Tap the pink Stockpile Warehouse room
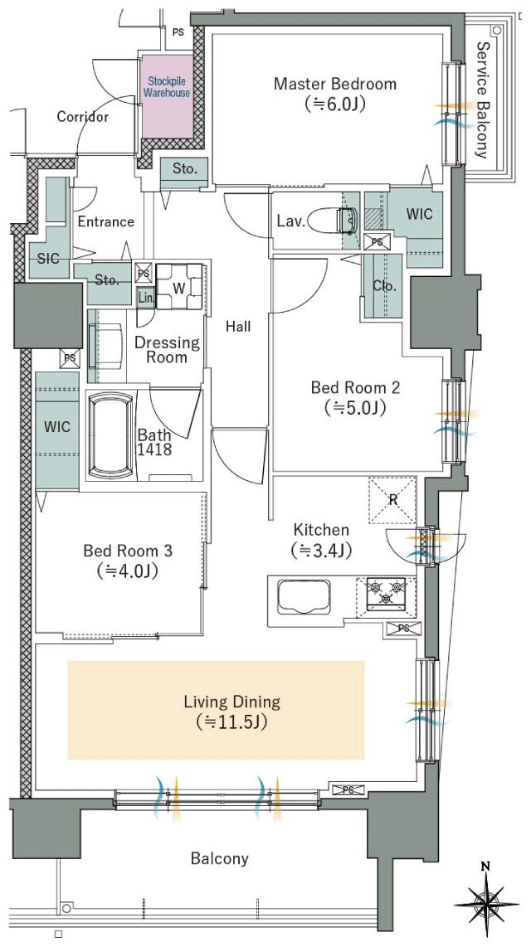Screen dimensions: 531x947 pos(168,97)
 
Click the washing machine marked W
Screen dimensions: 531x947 pos(179,287)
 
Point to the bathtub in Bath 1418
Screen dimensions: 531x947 pos(110,435)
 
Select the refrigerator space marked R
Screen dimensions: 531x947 pos(392,500)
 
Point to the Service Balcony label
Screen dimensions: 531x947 pos(481,100)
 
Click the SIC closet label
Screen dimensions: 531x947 pos(48,258)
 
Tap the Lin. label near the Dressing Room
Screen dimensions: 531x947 pos(145,298)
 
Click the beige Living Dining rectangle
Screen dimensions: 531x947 pos(216,710)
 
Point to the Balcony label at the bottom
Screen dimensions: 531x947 pos(219,858)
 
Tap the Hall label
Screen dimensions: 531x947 pos(238,327)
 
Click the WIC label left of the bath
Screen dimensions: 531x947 pos(57,427)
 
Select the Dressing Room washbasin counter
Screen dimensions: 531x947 pos(105,346)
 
